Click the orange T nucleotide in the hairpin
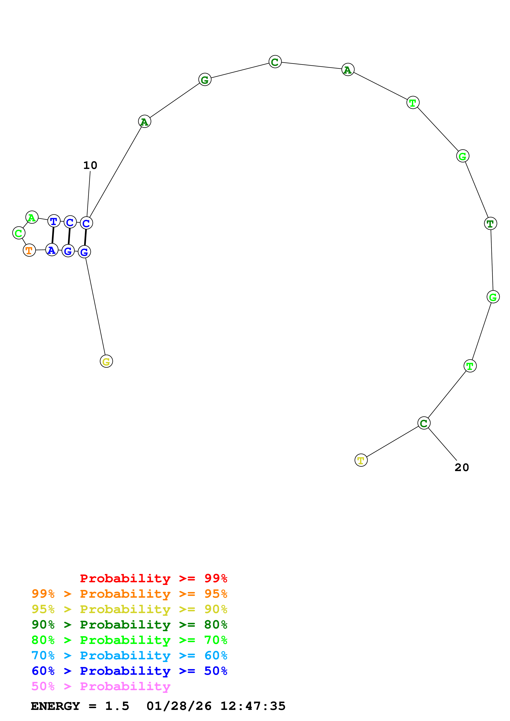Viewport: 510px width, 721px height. pos(29,250)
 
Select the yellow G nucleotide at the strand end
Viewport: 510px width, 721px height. pos(106,362)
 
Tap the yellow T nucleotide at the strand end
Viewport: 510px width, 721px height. pos(361,460)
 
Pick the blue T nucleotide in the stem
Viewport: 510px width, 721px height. pos(54,221)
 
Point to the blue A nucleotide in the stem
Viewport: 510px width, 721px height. pos(52,250)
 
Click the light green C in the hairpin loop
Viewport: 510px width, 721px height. pos(19,233)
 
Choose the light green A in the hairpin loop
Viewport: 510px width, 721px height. pos(32,217)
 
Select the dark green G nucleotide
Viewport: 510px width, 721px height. pos(205,80)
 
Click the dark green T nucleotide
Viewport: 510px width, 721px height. pos(490,224)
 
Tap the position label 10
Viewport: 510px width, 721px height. pos(90,165)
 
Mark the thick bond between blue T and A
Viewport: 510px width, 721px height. pos(53,236)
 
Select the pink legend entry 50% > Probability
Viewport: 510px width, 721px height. pos(101,686)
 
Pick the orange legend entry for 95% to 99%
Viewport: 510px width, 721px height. pos(129,594)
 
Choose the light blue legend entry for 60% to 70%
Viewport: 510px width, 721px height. pos(129,656)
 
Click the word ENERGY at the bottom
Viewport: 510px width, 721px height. pos(55,706)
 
